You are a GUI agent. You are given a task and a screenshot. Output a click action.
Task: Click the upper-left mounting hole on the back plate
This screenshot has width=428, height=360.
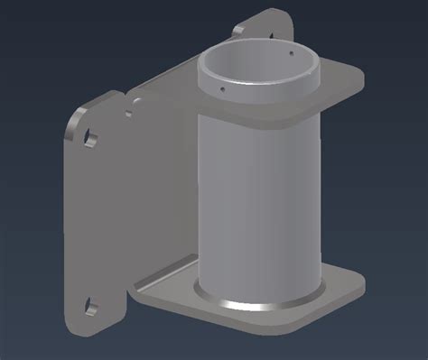coord(90,137)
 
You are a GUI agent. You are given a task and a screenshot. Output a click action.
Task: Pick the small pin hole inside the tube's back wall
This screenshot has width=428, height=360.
coord(292,53)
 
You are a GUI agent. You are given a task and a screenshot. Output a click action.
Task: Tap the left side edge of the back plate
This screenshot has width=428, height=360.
coord(68,226)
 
